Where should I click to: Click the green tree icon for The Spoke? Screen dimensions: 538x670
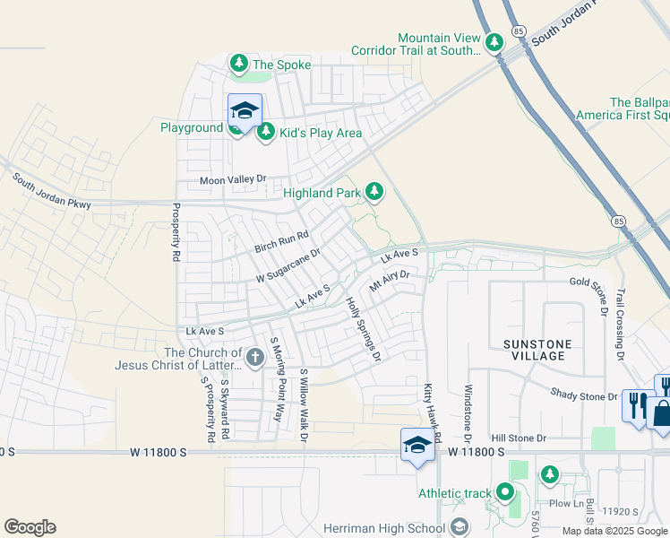(238, 64)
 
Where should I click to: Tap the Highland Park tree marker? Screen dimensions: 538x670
(374, 191)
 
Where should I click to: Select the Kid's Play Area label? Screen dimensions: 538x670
(321, 134)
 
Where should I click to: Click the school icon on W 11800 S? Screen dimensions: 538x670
(417, 446)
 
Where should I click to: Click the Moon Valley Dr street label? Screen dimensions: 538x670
(233, 179)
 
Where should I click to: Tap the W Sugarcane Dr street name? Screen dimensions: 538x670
(288, 265)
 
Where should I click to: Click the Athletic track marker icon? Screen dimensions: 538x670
(505, 492)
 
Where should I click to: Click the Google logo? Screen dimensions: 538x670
(30, 527)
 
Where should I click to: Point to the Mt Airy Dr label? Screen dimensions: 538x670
(389, 281)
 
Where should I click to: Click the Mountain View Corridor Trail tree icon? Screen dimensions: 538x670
(494, 42)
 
